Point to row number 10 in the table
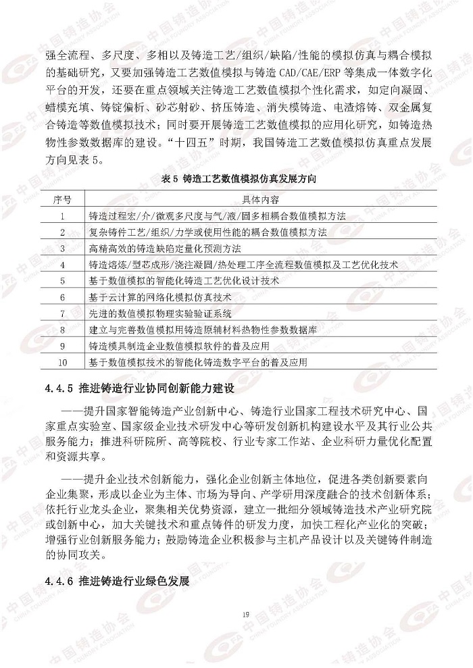coord(63,362)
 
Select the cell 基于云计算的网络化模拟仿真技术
coord(160,297)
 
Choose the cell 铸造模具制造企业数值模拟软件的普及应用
coord(179,346)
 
